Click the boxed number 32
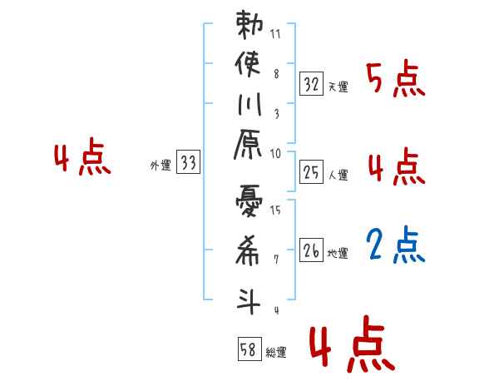tap(311, 84)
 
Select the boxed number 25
tap(311, 172)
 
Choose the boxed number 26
tap(311, 250)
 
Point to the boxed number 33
tap(188, 163)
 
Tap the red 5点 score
tap(396, 80)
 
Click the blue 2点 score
tap(396, 245)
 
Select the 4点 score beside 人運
tap(396, 168)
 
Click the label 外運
tap(161, 166)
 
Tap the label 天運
tap(338, 87)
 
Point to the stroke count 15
tap(275, 210)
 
